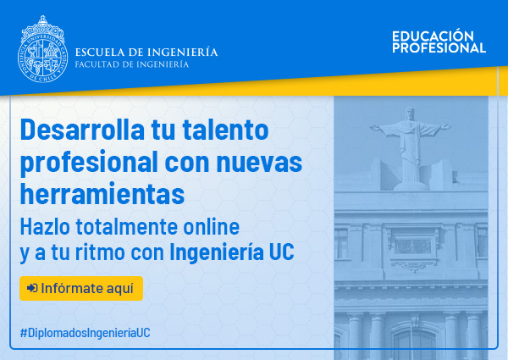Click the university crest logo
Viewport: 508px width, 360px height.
tap(43, 49)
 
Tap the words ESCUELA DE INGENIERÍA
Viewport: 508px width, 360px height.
tap(146, 52)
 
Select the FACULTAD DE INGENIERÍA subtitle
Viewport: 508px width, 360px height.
tap(132, 64)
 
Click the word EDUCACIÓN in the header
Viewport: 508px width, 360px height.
tap(433, 36)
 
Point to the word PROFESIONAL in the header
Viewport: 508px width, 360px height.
tap(439, 47)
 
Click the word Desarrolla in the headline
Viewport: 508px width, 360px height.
tap(82, 130)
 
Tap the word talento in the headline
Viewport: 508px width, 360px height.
tap(225, 130)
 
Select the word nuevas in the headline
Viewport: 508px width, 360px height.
tap(259, 163)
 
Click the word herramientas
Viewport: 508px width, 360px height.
tap(102, 194)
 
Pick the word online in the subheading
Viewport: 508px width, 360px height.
tap(211, 226)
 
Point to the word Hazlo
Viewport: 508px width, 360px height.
tap(45, 226)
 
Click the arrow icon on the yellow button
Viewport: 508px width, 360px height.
tap(32, 288)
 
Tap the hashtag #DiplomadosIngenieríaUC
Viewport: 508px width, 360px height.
tap(86, 333)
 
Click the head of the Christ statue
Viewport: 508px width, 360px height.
tap(410, 114)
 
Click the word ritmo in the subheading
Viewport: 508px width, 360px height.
tap(100, 252)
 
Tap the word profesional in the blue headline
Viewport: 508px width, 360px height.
tap(89, 163)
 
